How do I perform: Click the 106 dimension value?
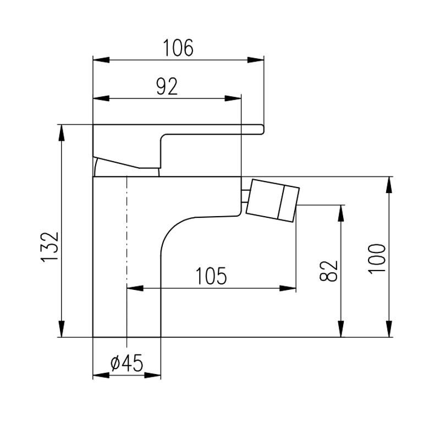coord(178,48)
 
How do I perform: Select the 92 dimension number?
coord(167,86)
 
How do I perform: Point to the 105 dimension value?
coord(211,276)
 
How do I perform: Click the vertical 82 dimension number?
coord(328,271)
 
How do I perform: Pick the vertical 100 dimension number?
coord(377,258)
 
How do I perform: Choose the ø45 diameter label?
coord(127,362)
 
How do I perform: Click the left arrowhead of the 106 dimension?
coord(101,60)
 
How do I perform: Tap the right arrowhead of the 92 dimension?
coord(233,98)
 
